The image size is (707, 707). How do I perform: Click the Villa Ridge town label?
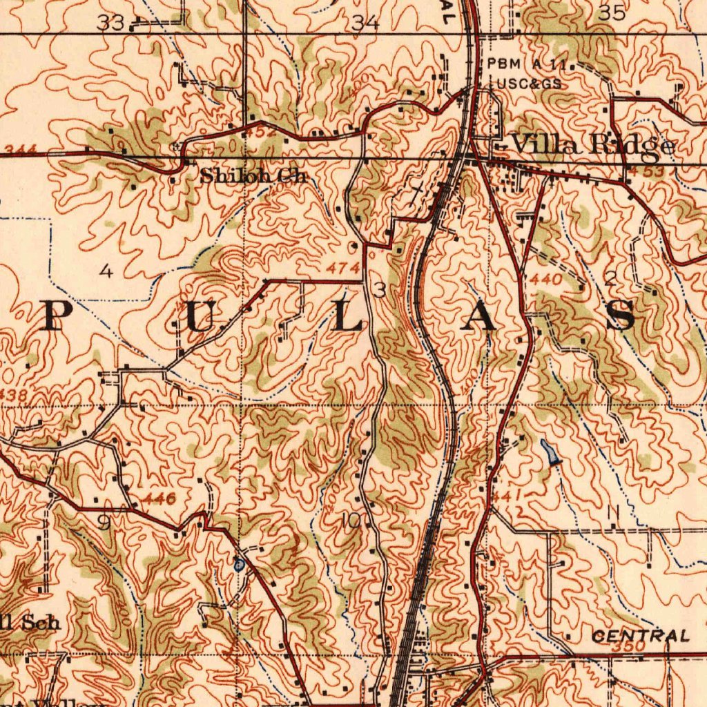(x=592, y=144)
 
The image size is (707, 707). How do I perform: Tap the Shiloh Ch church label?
(x=253, y=176)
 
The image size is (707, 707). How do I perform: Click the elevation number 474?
(x=344, y=268)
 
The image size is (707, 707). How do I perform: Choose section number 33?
(x=110, y=23)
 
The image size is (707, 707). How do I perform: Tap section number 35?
(x=611, y=12)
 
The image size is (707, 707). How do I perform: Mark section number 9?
(x=103, y=524)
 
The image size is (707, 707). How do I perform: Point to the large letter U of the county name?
(x=195, y=318)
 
